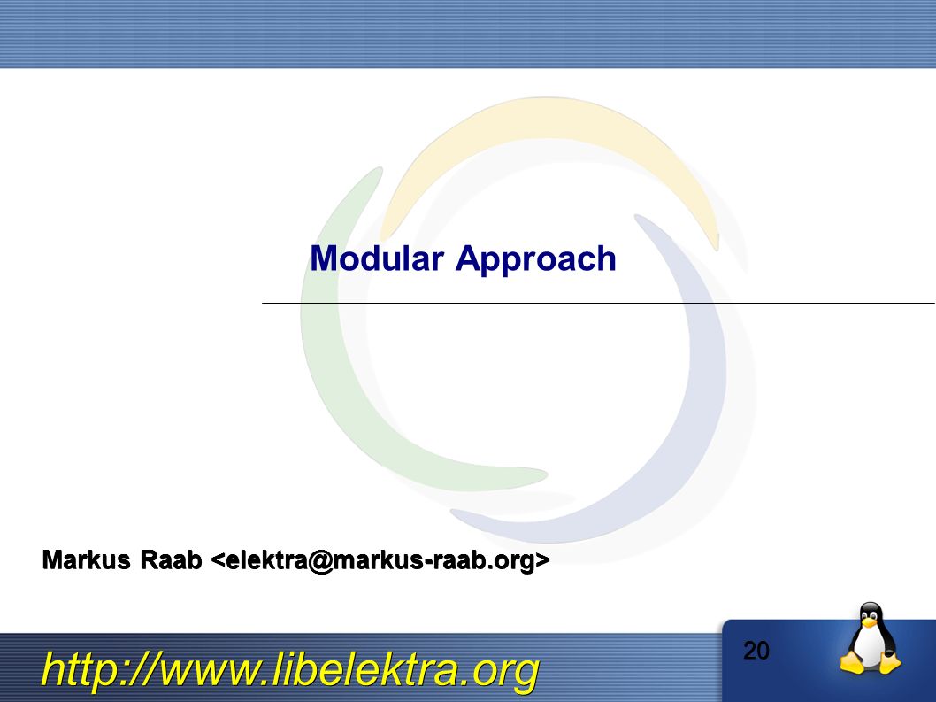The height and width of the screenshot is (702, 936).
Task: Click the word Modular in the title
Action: tap(377, 258)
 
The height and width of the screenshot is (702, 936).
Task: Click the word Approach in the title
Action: tap(535, 261)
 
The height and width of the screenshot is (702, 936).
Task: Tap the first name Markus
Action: tap(87, 560)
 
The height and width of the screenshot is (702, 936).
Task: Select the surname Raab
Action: tap(172, 560)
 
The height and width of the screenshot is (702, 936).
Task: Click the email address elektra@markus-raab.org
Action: tap(380, 561)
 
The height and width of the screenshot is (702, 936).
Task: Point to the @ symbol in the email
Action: tap(322, 561)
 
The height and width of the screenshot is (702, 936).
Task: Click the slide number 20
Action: tap(756, 651)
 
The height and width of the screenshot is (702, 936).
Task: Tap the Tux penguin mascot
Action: tap(871, 638)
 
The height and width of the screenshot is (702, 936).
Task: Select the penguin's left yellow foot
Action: tap(852, 664)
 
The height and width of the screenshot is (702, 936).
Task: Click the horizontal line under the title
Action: tap(599, 303)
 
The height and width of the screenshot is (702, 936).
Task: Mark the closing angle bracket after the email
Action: tap(542, 561)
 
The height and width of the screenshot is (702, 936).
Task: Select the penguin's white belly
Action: tap(870, 645)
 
